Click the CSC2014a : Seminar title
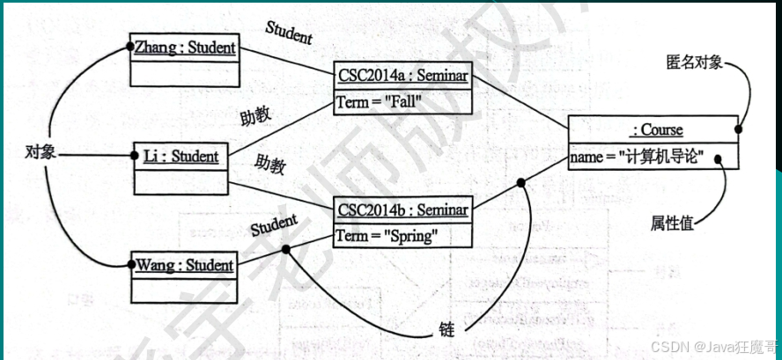[402, 77]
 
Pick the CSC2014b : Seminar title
[401, 211]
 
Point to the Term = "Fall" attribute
[380, 102]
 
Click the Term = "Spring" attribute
[386, 237]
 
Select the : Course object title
[656, 130]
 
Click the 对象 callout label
[41, 153]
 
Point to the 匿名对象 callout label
[695, 64]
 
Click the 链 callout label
[446, 330]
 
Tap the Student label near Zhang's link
[289, 32]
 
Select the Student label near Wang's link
[274, 225]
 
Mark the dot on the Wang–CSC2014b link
[285, 248]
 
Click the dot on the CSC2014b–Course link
[521, 183]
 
